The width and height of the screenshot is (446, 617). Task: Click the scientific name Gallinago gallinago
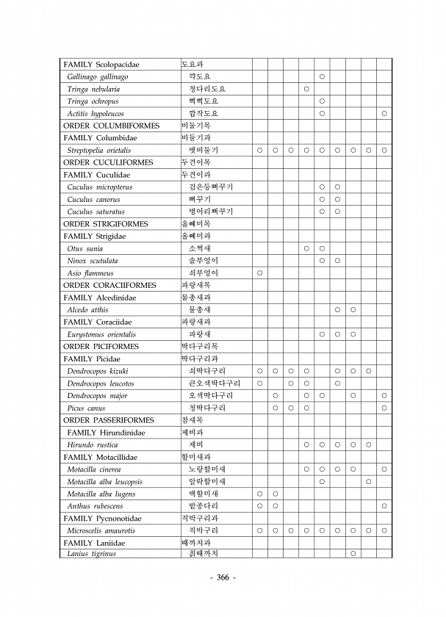coord(98,76)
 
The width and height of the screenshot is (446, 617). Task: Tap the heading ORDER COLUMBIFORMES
coord(108,126)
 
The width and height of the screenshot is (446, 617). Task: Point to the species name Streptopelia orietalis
coord(99,151)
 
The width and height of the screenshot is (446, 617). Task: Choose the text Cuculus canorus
coord(93,199)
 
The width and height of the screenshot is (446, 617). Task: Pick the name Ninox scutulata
coord(93,261)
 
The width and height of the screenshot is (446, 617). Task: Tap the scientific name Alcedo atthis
coord(88,310)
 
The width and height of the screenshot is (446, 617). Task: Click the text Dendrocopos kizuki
coord(98,371)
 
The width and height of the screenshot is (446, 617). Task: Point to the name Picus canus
coord(86,408)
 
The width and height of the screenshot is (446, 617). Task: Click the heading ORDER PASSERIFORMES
coord(109,420)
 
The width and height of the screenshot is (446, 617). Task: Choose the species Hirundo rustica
coord(93,444)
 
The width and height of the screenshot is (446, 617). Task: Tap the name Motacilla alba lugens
coord(101,494)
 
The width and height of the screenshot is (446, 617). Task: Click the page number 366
coord(223,577)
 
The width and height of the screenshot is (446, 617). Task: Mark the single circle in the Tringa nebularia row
coord(306,89)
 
